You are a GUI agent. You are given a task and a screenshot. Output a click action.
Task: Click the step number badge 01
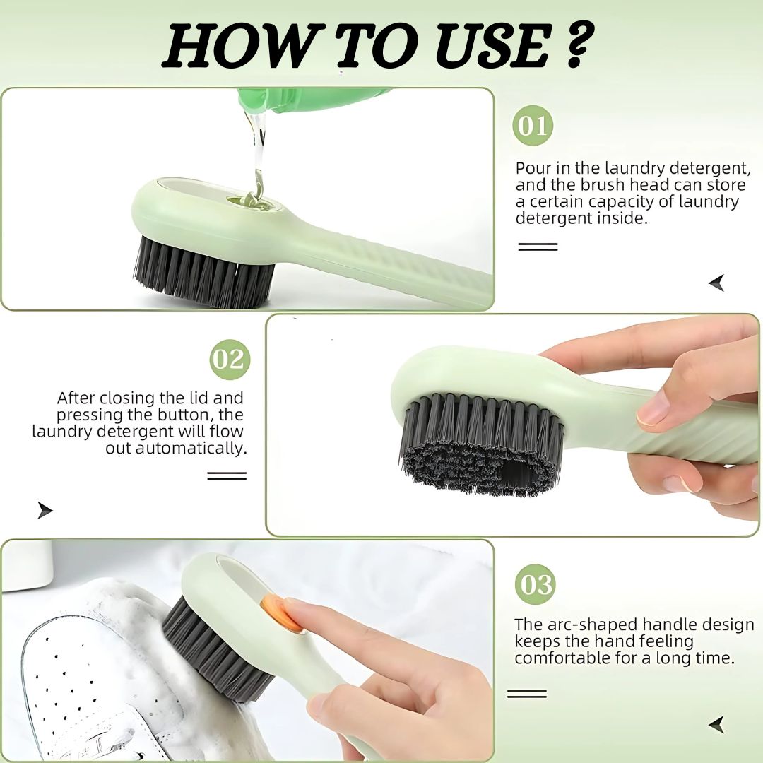pos(533,126)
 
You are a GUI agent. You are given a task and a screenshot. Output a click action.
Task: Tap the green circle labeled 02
pos(230,360)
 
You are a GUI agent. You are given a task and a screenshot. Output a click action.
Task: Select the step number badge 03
pos(535,584)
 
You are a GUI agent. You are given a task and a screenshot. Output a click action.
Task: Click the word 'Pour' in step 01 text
pos(533,168)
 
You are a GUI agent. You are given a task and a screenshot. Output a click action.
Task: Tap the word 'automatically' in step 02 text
pos(190,449)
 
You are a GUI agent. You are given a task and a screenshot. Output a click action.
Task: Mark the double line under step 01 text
pos(538,247)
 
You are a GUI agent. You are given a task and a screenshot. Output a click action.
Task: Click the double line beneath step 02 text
pos(227,476)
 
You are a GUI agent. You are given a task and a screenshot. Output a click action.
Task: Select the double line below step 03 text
pos(527,694)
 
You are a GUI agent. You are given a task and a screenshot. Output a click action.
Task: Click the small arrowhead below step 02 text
pos(45,510)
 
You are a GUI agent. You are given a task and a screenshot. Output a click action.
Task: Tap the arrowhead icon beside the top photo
pos(717,283)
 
